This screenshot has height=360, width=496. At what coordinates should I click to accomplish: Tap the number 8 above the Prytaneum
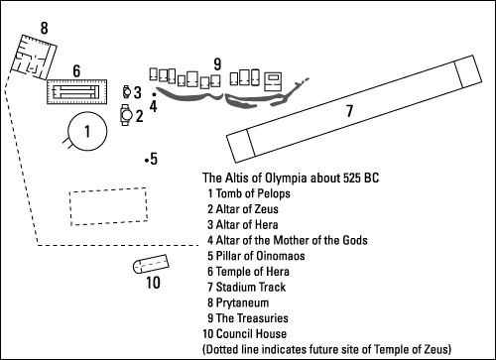tap(45, 28)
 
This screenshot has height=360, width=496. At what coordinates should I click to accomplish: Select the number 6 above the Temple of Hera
tap(76, 71)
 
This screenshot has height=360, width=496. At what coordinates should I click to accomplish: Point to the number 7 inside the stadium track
tap(350, 111)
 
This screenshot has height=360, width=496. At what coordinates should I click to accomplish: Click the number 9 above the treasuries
tap(217, 64)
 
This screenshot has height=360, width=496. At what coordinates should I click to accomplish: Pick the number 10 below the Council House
tap(153, 283)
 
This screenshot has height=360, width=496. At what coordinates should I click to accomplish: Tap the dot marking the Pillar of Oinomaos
tap(146, 161)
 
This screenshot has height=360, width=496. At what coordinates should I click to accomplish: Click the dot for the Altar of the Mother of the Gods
tap(154, 94)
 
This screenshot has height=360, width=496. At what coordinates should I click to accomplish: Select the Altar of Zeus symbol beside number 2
tap(126, 115)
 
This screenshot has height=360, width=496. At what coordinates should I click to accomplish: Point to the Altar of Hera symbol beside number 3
tap(127, 92)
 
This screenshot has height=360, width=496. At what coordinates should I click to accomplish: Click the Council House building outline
tap(151, 264)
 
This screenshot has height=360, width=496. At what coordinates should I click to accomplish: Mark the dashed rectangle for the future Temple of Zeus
tap(70, 208)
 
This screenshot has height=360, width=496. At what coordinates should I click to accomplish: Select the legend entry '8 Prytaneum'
tap(238, 302)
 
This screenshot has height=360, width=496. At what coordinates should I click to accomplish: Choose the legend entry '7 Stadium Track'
tap(246, 287)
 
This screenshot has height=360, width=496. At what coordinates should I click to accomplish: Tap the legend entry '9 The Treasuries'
tap(248, 318)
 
